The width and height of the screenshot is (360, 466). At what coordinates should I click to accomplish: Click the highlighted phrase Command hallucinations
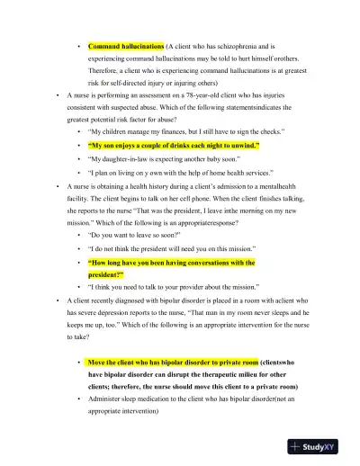[126, 45]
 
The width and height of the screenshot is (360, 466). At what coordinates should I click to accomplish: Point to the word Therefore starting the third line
[108, 69]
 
